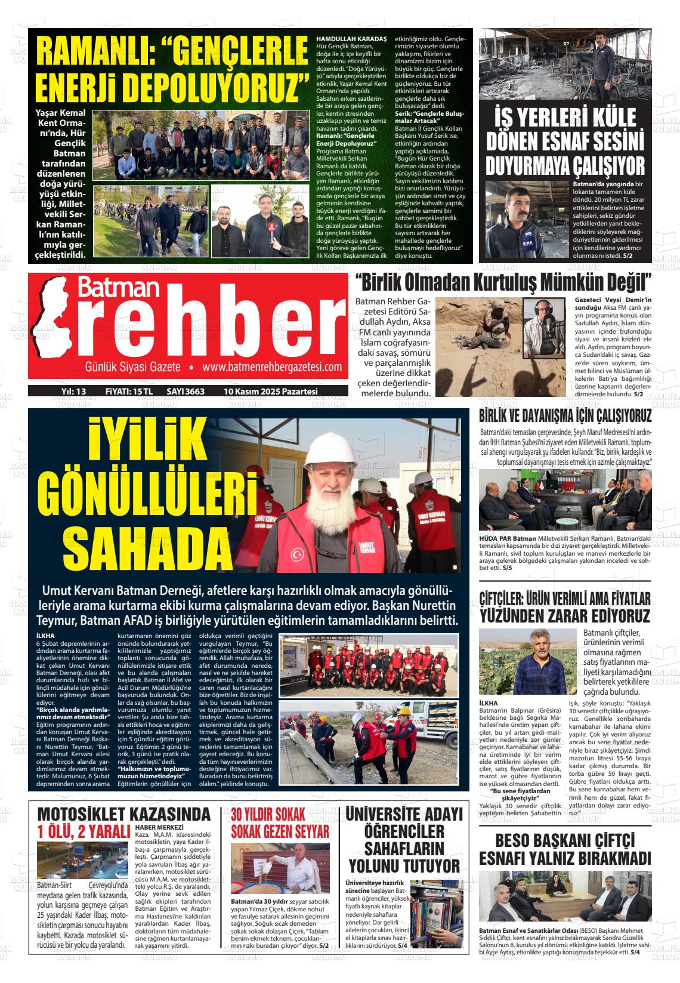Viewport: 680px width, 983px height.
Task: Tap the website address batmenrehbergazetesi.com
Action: click(x=272, y=367)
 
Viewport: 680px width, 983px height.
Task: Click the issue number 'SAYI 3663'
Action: click(x=186, y=392)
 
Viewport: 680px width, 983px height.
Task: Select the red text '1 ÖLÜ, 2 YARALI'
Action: click(x=84, y=832)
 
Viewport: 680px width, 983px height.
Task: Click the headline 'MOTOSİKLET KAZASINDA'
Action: click(x=124, y=813)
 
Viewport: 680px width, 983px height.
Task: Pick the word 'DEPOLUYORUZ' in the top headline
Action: click(x=167, y=87)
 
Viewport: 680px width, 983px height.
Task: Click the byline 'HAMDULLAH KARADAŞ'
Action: click(x=351, y=39)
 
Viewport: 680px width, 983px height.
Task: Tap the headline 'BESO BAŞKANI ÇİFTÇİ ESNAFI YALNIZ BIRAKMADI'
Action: click(x=564, y=849)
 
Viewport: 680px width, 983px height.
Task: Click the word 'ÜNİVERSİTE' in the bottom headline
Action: click(x=404, y=814)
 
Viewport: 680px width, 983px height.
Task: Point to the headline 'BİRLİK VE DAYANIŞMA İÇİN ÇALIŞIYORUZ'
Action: click(x=565, y=416)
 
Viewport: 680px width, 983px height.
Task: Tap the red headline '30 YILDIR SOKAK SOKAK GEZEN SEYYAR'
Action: click(x=280, y=822)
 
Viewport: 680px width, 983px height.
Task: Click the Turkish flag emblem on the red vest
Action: click(x=297, y=554)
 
